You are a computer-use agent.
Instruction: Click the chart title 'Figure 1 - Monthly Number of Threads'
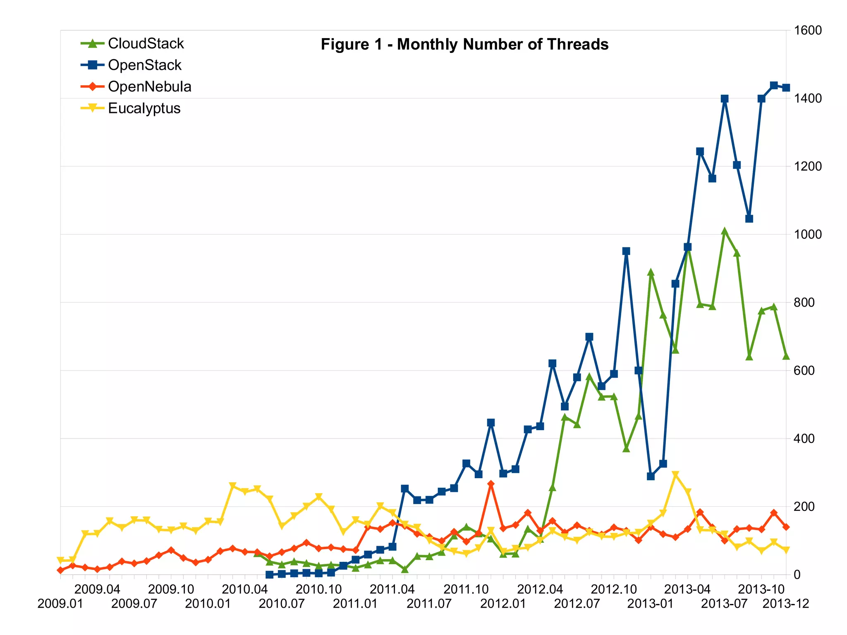(464, 44)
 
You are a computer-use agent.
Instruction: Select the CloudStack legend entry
(146, 43)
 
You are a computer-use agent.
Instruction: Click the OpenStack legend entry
(144, 65)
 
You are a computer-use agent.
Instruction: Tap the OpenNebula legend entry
(149, 86)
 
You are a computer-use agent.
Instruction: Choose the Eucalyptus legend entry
(144, 108)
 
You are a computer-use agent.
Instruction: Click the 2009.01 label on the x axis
(60, 604)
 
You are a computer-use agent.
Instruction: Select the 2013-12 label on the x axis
(785, 604)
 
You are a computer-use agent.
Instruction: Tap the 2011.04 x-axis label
(392, 589)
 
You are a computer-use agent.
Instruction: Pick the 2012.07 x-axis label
(577, 604)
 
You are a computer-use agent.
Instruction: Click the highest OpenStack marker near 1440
(774, 86)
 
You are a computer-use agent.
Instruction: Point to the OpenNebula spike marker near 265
(491, 484)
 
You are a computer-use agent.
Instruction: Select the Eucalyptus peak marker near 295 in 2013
(675, 474)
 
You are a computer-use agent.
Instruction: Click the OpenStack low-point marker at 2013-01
(651, 476)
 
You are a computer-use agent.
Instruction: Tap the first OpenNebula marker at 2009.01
(61, 570)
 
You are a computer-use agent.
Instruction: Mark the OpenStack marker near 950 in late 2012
(626, 251)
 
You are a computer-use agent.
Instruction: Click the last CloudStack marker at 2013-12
(786, 356)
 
